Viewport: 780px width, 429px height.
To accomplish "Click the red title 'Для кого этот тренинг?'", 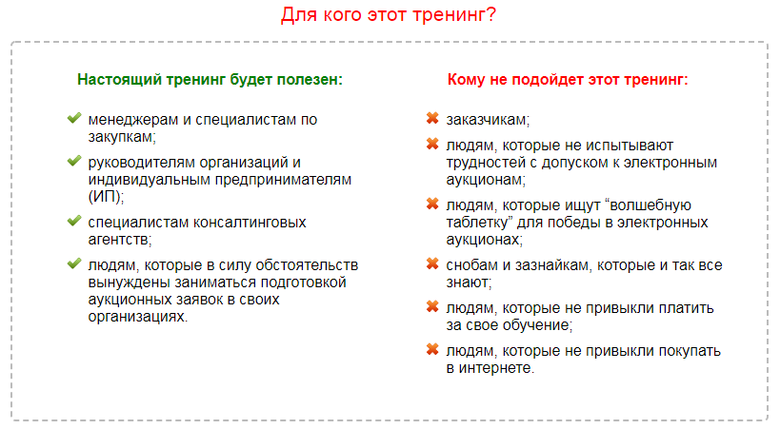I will [389, 15].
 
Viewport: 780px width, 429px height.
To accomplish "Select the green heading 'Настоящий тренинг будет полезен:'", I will [210, 80].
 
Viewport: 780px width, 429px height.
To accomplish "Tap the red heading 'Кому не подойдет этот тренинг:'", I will [567, 80].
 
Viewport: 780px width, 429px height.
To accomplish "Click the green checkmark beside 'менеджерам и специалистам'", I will [73, 119].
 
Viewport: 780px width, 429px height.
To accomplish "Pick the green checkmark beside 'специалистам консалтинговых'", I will [73, 221].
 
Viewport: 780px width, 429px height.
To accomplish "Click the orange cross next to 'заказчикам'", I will [431, 119].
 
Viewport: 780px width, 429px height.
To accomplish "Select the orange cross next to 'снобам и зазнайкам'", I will [431, 264].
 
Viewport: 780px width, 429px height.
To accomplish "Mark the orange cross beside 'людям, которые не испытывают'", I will [431, 145].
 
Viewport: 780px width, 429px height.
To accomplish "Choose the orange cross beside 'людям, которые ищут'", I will [431, 204].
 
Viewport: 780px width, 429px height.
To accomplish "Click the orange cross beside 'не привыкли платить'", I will [431, 307].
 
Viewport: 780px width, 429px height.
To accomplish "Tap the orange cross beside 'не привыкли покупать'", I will [431, 350].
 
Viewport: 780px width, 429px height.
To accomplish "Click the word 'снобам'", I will [470, 265].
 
